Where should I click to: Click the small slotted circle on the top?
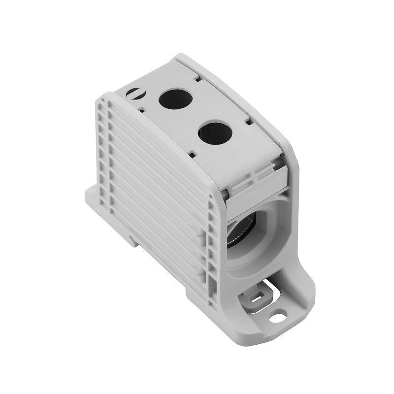click(x=147, y=92)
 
